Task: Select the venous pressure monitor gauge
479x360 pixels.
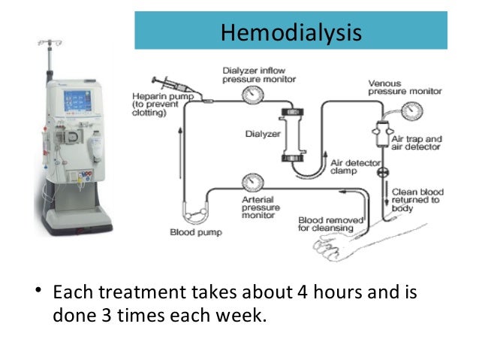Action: point(409,110)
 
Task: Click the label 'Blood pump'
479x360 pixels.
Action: point(195,233)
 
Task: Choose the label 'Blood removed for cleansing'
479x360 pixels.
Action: point(330,224)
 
